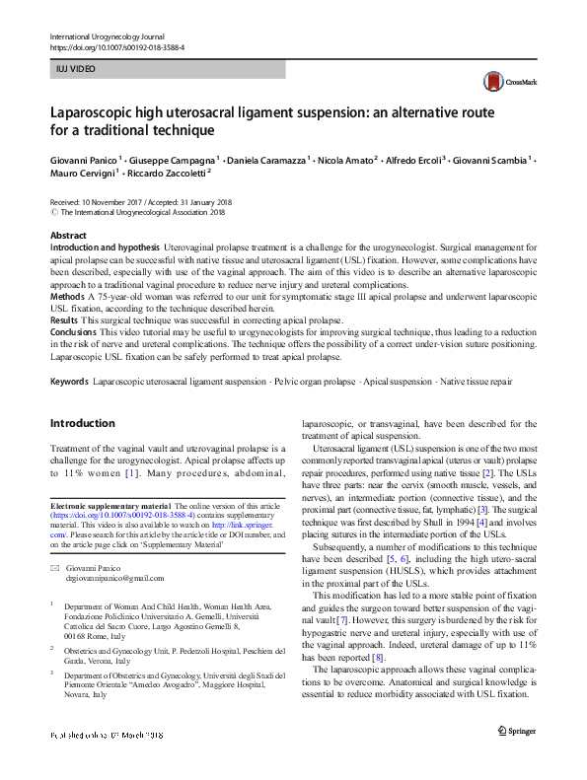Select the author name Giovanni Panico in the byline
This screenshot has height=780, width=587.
87,158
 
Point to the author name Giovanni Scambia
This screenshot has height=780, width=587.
493,158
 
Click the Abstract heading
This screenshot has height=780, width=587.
68,236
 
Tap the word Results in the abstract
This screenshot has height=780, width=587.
65,321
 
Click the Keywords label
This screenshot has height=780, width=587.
68,380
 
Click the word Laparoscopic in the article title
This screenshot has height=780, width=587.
103,111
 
